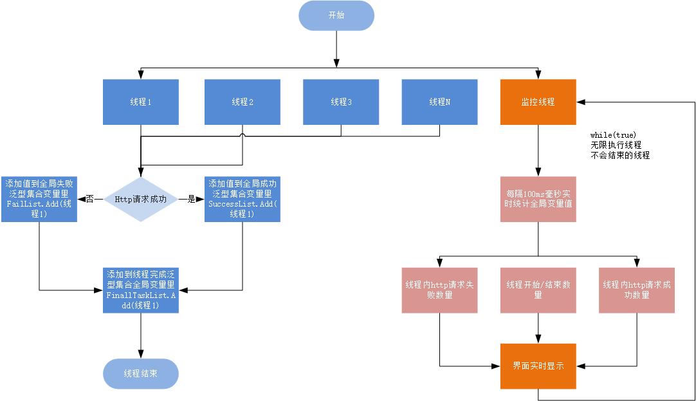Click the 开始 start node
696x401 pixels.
336,15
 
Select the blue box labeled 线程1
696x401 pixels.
141,102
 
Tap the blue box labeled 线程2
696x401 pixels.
242,102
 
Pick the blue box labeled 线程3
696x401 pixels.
341,102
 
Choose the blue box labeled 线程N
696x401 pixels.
439,102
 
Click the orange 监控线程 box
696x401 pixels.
538,102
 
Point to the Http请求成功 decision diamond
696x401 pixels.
141,200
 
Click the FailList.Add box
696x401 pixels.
39,200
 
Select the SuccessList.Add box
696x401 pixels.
242,200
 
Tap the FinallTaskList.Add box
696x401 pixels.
141,290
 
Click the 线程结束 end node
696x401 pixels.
140,373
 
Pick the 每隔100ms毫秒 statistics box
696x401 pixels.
538,200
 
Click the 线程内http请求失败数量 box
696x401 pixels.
439,290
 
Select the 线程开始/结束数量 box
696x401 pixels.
538,290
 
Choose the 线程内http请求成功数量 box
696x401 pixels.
637,290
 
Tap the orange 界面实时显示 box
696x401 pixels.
538,366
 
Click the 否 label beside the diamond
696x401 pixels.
90,200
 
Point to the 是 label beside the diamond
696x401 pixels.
191,200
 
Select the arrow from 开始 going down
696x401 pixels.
336,48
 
